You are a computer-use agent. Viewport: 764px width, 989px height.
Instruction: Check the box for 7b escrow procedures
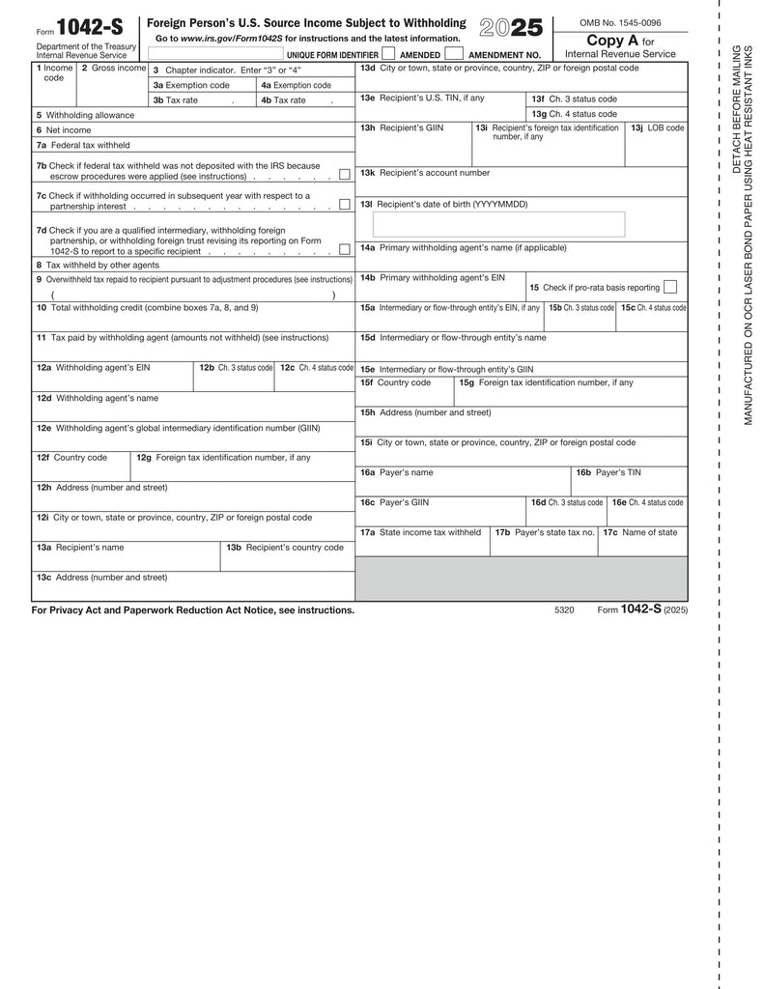tap(344, 175)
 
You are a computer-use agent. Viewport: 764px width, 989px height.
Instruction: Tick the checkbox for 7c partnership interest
tap(344, 205)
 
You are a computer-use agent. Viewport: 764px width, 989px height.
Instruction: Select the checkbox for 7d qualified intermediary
tap(344, 249)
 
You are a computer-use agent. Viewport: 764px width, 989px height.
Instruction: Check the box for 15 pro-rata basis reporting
tap(670, 287)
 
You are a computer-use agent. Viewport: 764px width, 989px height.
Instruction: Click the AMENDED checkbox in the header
tap(453, 54)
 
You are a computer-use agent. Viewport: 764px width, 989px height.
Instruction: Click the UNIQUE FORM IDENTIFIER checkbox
tap(388, 54)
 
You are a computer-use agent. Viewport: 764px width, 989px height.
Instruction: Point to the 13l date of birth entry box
tap(498, 224)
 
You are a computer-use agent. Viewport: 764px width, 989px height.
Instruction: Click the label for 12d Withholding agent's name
tap(98, 398)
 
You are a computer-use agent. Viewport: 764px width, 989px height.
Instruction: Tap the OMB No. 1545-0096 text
tap(620, 22)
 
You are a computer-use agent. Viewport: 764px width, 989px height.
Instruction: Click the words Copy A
tap(612, 41)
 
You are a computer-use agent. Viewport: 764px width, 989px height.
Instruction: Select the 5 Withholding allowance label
tap(86, 115)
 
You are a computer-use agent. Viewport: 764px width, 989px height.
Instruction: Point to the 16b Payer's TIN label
tap(608, 472)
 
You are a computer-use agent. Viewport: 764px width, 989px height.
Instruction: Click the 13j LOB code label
tap(657, 127)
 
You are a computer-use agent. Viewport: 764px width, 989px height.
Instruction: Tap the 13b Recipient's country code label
tap(284, 548)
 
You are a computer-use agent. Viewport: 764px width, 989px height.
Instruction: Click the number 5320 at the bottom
tap(564, 610)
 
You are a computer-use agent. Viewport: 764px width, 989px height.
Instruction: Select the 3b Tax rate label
tap(176, 99)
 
